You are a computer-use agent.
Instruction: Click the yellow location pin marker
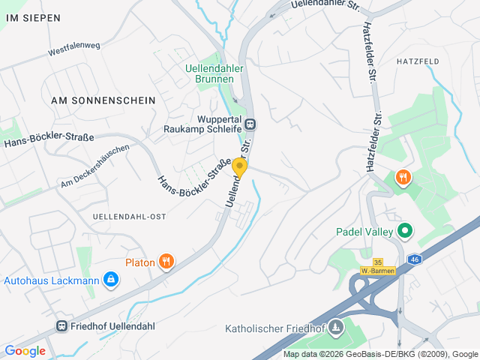point(240,166)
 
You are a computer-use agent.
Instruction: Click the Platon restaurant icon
point(166,262)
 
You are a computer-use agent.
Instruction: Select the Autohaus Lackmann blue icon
point(111,280)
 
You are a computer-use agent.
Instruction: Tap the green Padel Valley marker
point(405,231)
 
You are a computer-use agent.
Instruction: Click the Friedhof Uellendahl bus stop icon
point(61,326)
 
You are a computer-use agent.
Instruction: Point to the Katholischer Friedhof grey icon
point(335,326)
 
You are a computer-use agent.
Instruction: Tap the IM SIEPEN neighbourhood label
point(33,17)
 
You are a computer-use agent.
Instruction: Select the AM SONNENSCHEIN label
point(103,100)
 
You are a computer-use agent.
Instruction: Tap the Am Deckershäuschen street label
point(95,166)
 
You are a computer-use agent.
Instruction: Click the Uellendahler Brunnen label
point(213,71)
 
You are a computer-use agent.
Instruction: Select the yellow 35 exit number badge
point(377,262)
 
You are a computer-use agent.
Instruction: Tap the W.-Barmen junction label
point(373,271)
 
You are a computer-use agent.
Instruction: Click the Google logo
point(25,350)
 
